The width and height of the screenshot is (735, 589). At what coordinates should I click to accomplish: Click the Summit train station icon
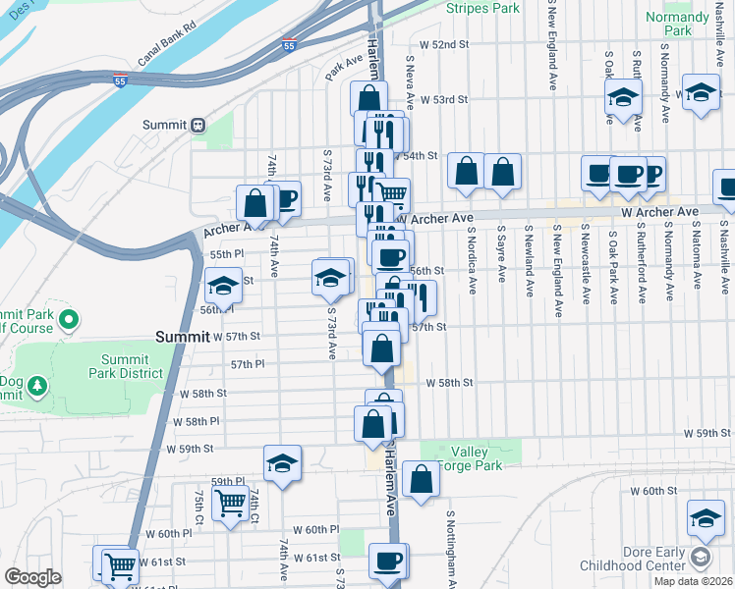coord(198,125)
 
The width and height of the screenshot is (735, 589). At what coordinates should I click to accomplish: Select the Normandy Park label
coord(677,24)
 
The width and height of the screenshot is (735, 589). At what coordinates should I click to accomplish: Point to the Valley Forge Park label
coord(476,458)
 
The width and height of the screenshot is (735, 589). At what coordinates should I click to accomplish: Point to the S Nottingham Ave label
coord(451,546)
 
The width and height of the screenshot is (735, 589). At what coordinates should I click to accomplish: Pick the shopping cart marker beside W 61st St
coord(119,563)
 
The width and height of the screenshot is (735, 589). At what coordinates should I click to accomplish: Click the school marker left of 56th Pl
coord(223,287)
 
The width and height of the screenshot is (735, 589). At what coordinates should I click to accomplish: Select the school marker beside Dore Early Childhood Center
coord(706,517)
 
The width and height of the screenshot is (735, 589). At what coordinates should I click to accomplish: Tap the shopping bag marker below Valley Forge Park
coord(421,480)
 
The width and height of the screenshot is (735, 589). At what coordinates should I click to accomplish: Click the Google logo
coord(32,577)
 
